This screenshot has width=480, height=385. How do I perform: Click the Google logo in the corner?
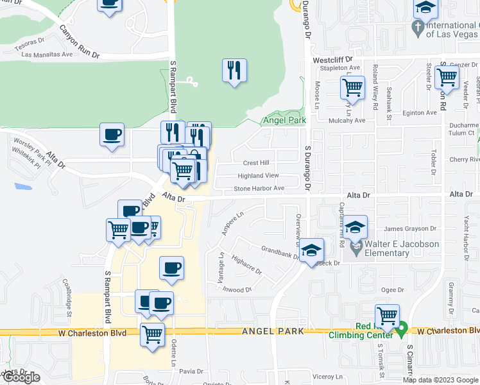[21, 377]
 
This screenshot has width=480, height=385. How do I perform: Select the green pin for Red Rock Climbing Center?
[402, 330]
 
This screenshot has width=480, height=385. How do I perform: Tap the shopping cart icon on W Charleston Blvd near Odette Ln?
[152, 334]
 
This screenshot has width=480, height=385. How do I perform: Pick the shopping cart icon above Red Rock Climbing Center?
[387, 316]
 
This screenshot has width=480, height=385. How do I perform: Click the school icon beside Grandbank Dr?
[311, 251]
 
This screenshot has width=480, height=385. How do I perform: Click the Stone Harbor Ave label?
[259, 189]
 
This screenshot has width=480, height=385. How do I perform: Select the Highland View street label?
[259, 175]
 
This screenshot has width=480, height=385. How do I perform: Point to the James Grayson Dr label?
[409, 228]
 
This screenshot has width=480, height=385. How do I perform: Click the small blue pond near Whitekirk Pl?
[22, 186]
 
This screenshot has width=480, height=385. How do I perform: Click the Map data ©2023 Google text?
[440, 380]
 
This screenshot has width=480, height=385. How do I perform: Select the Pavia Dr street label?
[191, 371]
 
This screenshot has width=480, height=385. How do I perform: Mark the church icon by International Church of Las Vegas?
[416, 28]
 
